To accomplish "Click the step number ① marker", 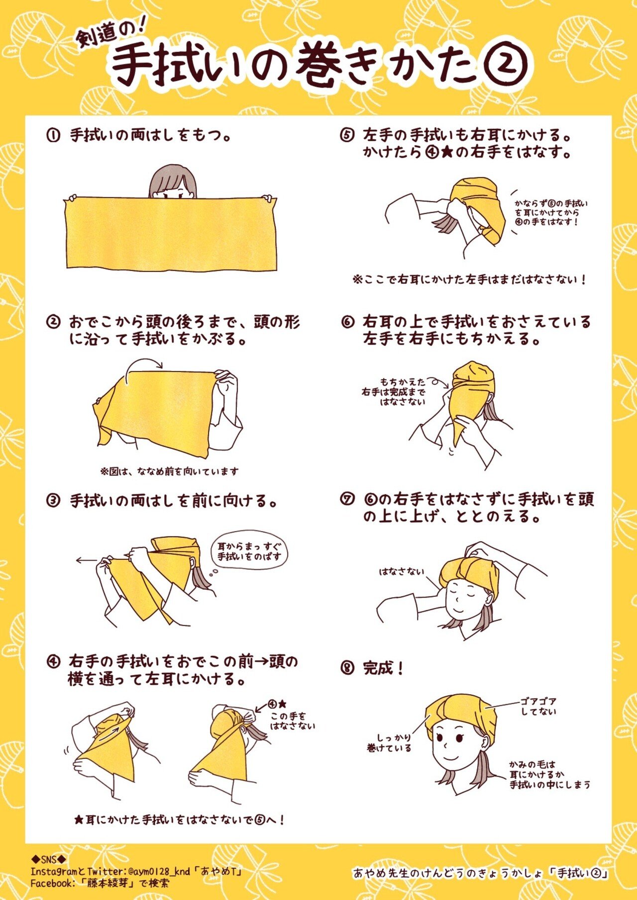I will pyautogui.click(x=53, y=135).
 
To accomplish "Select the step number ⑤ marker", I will pyautogui.click(x=347, y=135).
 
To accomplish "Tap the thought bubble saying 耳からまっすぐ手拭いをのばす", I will pyautogui.click(x=249, y=551).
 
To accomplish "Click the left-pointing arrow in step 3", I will pyautogui.click(x=86, y=560).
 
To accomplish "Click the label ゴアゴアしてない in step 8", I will pyautogui.click(x=538, y=706).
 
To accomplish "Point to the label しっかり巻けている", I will pyautogui.click(x=389, y=742).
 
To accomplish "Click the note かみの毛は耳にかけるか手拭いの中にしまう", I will pyautogui.click(x=549, y=775).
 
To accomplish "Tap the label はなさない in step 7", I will pyautogui.click(x=402, y=572).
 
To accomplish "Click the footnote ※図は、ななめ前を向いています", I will pyautogui.click(x=169, y=471).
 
